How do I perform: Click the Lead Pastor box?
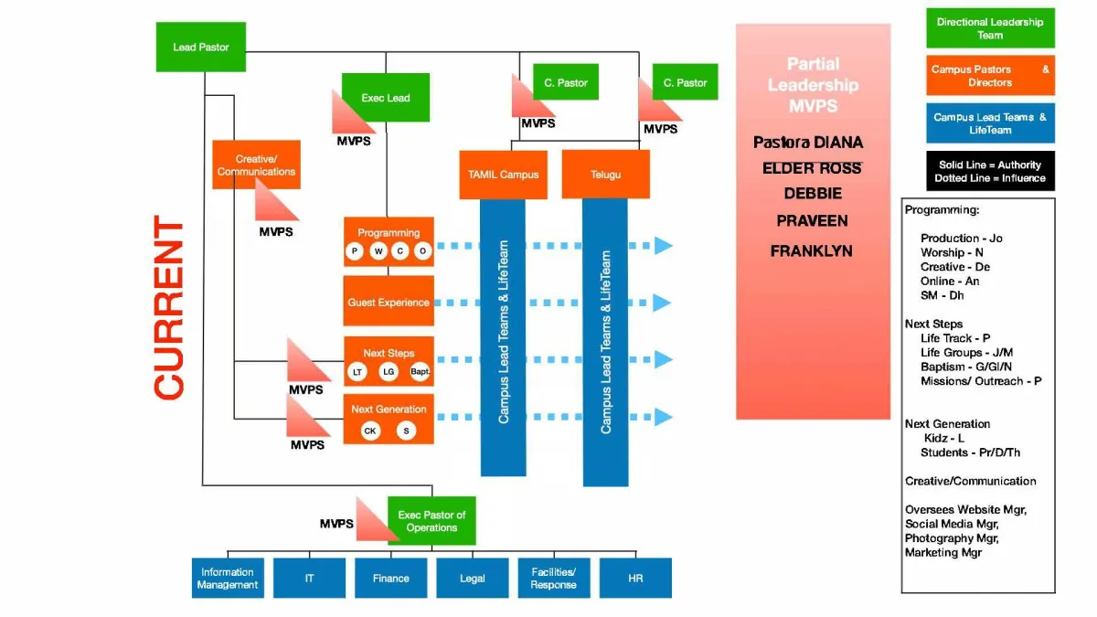click(x=200, y=47)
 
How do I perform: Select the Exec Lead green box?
click(x=385, y=97)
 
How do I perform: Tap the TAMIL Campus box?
click(x=502, y=174)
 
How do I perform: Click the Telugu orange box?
click(x=605, y=174)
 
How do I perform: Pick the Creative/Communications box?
click(x=256, y=165)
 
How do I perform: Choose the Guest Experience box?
click(x=389, y=302)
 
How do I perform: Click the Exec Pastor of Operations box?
click(x=431, y=521)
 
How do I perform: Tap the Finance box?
click(x=390, y=578)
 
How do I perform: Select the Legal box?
click(x=472, y=578)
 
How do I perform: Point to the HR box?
click(x=635, y=578)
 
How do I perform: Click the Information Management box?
click(x=228, y=578)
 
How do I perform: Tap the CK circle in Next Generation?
click(x=370, y=431)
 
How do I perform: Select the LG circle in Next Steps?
click(x=388, y=372)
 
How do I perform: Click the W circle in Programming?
click(x=378, y=250)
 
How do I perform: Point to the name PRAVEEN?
click(x=812, y=221)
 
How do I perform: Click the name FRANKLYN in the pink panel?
click(x=811, y=250)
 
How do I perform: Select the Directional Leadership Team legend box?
click(x=990, y=28)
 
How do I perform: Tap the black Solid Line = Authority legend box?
click(x=990, y=171)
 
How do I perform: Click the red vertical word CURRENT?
click(x=170, y=308)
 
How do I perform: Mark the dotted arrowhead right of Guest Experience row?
click(x=663, y=302)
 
